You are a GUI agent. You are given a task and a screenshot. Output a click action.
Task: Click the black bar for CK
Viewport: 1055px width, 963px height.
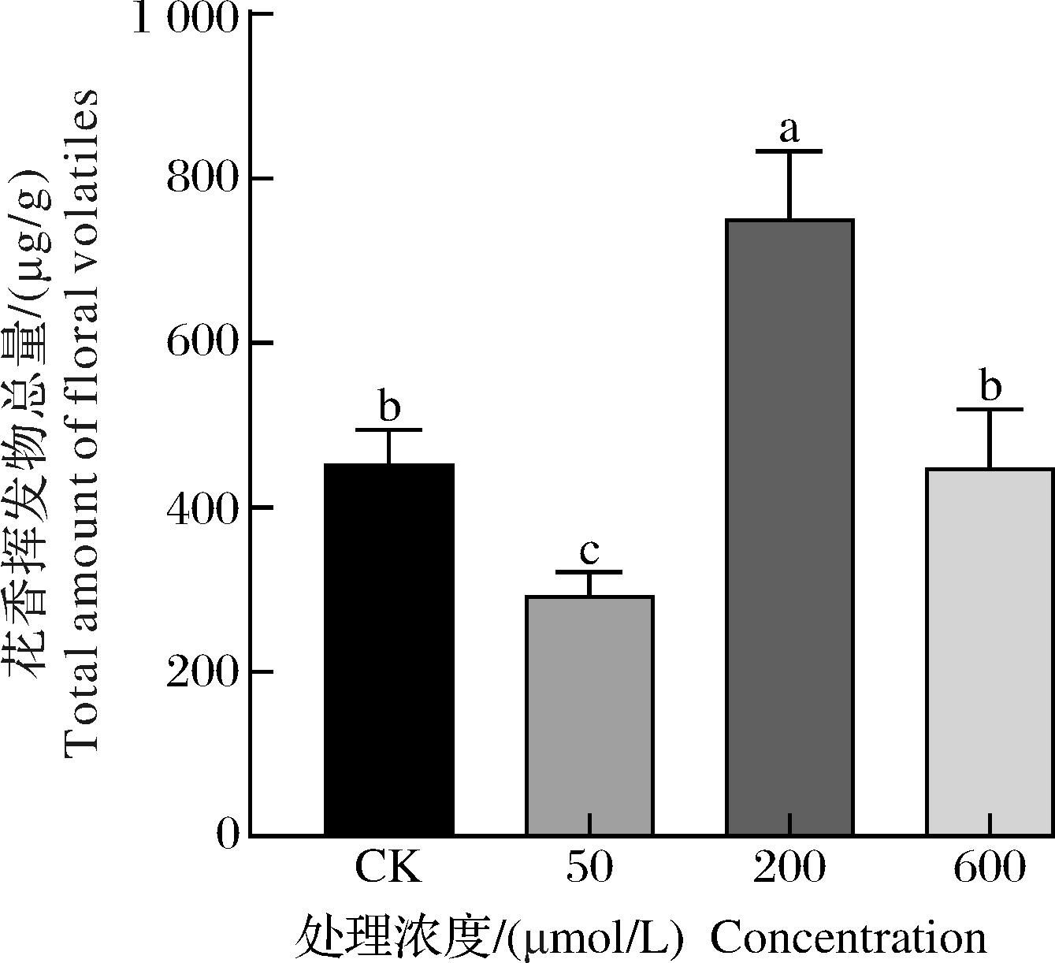click(x=389, y=649)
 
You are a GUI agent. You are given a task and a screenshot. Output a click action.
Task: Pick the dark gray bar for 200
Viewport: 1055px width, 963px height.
click(x=789, y=527)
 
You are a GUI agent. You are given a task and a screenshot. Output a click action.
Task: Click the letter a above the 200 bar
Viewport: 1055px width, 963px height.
click(x=789, y=129)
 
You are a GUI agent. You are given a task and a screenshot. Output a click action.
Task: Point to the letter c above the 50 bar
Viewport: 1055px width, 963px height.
click(x=589, y=551)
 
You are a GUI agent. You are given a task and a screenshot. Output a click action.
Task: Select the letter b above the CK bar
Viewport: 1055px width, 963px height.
click(x=389, y=407)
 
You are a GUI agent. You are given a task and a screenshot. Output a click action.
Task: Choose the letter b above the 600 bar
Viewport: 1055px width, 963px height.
click(x=990, y=387)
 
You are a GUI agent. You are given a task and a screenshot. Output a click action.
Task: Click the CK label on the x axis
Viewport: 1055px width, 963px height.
click(x=388, y=868)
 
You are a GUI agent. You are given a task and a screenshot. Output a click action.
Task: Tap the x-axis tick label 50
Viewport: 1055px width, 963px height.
click(x=589, y=868)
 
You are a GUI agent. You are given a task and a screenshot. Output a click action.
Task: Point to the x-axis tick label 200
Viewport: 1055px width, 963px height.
click(x=789, y=868)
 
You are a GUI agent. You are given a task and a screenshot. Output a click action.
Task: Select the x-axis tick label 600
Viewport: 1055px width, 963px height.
click(x=990, y=868)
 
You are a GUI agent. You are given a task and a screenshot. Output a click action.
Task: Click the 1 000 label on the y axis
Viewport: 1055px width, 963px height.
click(x=184, y=17)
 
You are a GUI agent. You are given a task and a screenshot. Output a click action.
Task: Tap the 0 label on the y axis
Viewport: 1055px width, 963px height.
click(x=227, y=835)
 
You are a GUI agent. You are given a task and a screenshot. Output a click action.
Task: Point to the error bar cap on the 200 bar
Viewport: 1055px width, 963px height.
click(x=789, y=151)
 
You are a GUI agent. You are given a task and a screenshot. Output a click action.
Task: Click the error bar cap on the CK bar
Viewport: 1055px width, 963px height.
click(x=389, y=429)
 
